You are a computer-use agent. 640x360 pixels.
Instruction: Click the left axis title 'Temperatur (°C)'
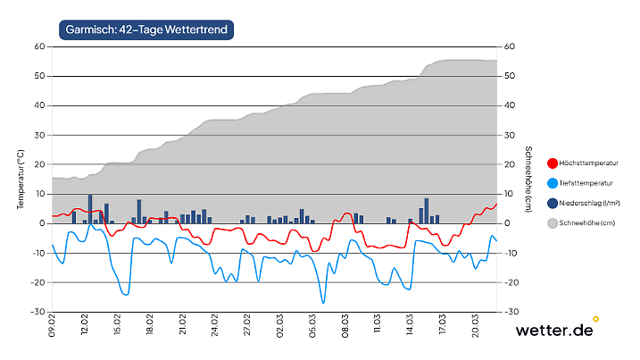pos(20,180)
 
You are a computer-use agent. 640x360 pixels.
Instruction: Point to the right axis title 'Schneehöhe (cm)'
pos(528,180)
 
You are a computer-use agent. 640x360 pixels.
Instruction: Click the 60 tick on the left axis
pos(40,46)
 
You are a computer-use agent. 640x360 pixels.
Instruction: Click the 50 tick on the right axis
pos(510,76)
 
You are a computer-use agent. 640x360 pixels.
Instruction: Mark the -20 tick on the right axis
pos(511,282)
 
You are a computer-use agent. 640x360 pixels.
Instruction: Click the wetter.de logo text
pos(553,331)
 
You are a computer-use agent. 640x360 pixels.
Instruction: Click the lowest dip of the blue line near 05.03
pos(323,303)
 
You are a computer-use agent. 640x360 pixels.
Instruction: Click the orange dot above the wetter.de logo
pos(595,318)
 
